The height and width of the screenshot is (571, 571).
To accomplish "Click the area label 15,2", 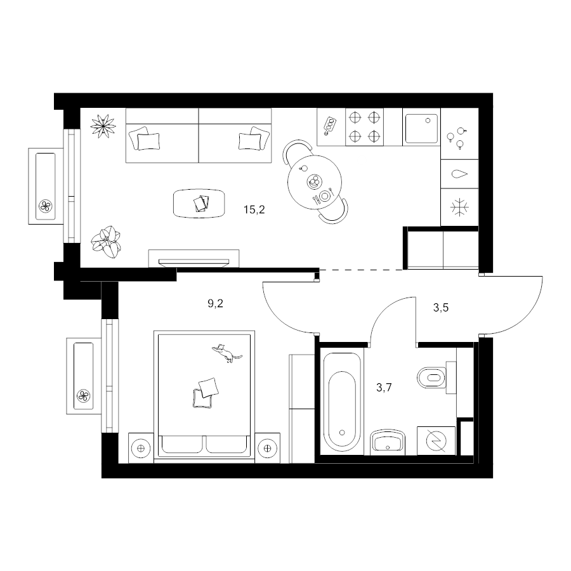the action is point(254,210).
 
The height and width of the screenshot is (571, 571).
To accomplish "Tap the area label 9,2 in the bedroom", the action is point(215,303).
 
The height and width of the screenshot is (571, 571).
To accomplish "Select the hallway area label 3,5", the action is point(441,308).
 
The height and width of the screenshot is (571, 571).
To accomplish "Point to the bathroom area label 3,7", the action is point(384,388).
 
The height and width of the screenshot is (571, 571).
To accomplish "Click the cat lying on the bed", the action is point(226,353).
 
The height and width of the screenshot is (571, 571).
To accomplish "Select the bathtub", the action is point(341,402).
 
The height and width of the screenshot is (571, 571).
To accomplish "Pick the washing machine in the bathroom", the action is point(436,441).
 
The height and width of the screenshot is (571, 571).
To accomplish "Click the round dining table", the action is point(315,182).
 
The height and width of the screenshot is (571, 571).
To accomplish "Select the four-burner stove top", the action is point(364,127).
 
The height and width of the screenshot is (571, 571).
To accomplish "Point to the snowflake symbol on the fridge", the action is point(459,207).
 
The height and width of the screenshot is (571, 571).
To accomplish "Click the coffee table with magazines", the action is point(199,204).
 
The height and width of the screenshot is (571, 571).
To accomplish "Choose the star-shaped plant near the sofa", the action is point(103,126).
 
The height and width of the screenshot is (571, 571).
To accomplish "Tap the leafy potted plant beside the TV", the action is point(107,242).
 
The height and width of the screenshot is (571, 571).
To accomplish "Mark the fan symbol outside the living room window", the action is point(46,206).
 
